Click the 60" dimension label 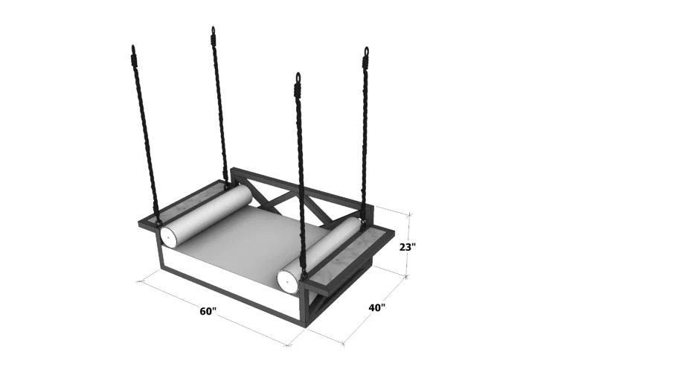208,311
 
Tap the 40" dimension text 376,307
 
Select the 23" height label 408,247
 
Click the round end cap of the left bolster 169,237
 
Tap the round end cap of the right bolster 287,281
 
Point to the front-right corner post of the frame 304,305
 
